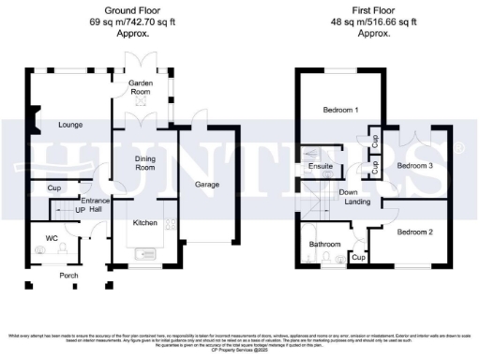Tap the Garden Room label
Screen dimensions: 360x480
140,87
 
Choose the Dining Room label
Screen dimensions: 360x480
142,162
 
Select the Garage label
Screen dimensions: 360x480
206,185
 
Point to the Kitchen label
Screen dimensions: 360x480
144,224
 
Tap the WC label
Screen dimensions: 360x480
52,237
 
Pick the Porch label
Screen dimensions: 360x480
68,276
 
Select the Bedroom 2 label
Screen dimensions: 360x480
413,232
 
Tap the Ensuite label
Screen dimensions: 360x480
322,167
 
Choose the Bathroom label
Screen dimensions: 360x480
325,245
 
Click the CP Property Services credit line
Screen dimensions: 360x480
239,351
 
